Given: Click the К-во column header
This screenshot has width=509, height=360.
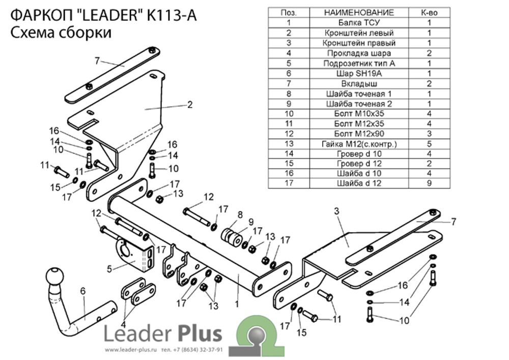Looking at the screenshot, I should click(x=429, y=12).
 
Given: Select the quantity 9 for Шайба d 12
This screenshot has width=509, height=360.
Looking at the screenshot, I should click(x=429, y=183).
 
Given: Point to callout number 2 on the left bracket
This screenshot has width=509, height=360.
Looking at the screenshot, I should click(x=190, y=105).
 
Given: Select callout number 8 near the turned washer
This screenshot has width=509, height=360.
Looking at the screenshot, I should click(x=240, y=214).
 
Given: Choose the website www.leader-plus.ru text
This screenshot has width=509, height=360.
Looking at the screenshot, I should click(x=131, y=350).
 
